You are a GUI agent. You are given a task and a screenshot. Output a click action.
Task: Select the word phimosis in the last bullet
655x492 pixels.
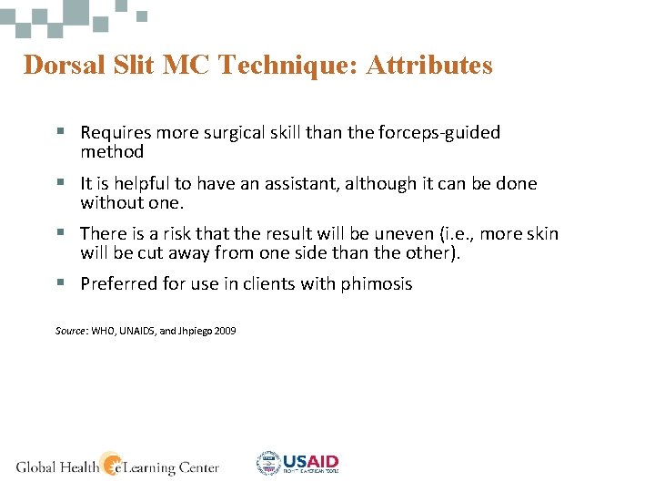click(x=377, y=284)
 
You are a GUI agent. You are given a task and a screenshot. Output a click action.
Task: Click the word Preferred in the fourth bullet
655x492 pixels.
click(x=118, y=284)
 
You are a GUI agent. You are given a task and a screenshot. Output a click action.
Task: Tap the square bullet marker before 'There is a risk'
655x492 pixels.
click(x=60, y=234)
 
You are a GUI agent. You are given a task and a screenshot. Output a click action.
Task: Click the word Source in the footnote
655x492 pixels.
click(x=69, y=331)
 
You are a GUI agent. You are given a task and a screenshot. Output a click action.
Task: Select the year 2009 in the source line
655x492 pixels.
click(x=225, y=331)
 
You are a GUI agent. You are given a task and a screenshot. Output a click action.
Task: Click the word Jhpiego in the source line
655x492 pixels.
click(x=192, y=331)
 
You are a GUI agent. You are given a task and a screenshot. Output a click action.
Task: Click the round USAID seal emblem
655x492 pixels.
click(x=268, y=464)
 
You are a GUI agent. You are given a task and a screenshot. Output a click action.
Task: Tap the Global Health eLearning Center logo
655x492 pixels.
click(x=117, y=466)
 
